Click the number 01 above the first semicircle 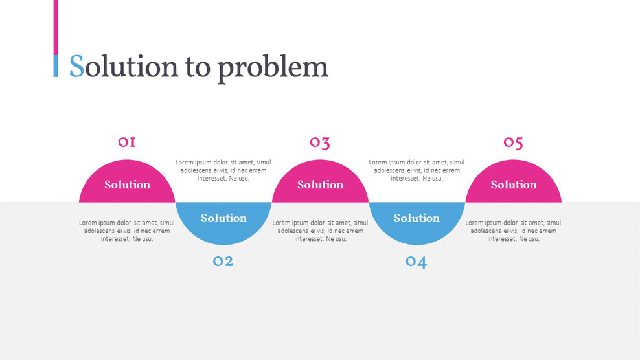pos(127,142)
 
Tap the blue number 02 pos(223,261)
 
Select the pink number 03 pos(319,142)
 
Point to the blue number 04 pos(416,262)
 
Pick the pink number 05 pos(513,142)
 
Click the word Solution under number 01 pos(127,185)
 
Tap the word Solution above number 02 pos(223,218)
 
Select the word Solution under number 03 pos(320,185)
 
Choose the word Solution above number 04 pos(417,218)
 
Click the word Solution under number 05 pos(514,185)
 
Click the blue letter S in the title pos(76,66)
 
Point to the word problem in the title pos(273,67)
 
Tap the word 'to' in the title pos(198,67)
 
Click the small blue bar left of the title pos(56,66)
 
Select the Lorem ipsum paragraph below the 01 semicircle pos(127,231)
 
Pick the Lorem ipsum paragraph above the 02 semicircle pos(223,170)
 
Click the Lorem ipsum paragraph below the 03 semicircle pos(320,231)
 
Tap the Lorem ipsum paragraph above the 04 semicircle pos(417,170)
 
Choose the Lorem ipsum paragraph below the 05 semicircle pos(513,231)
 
